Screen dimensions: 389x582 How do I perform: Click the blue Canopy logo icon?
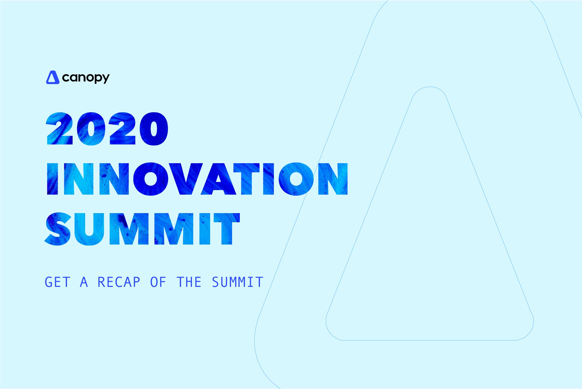pyautogui.click(x=53, y=77)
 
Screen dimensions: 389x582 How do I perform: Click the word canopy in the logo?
pyautogui.click(x=86, y=78)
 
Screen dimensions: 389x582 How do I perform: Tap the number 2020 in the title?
pyautogui.click(x=107, y=129)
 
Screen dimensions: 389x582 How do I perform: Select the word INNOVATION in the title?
pyautogui.click(x=197, y=179)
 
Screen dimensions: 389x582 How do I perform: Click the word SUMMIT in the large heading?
pyautogui.click(x=142, y=229)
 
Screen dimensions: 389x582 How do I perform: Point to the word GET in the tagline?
pyautogui.click(x=57, y=282)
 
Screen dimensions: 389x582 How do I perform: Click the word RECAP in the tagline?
pyautogui.click(x=119, y=282)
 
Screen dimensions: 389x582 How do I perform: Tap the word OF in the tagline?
pyautogui.click(x=158, y=282)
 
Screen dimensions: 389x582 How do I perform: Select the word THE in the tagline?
pyautogui.click(x=189, y=282)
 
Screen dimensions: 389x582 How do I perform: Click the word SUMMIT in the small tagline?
pyautogui.click(x=238, y=282)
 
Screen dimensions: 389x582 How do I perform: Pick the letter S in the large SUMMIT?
pyautogui.click(x=58, y=229)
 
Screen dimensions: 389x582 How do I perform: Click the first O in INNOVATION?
pyautogui.click(x=151, y=179)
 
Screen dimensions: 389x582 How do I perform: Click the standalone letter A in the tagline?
pyautogui.click(x=84, y=282)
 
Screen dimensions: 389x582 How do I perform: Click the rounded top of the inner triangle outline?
pyautogui.click(x=430, y=87)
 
